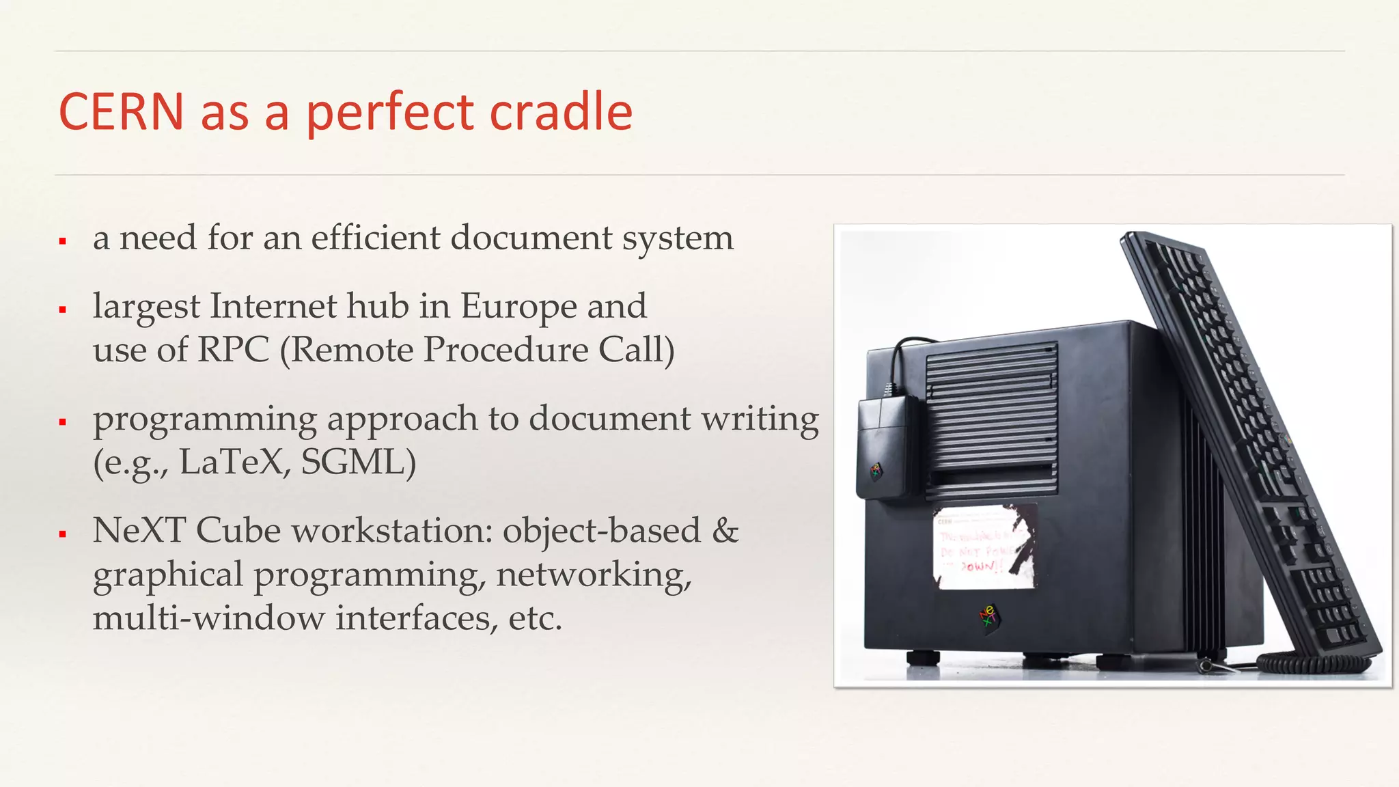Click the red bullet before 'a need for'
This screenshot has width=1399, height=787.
point(63,241)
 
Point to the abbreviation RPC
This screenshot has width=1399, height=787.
point(233,350)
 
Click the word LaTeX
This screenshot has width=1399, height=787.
point(231,462)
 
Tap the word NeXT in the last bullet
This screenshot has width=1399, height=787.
point(139,530)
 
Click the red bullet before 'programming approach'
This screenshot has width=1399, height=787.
point(63,422)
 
